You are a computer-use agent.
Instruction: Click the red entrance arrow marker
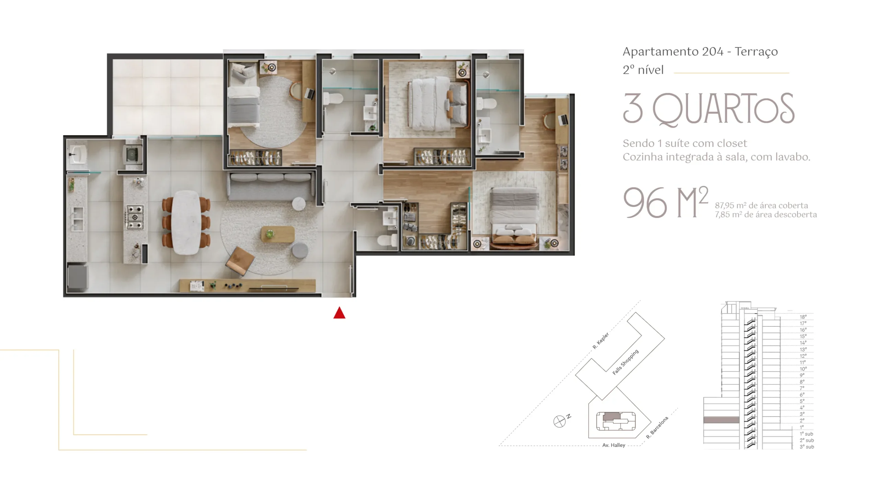click(x=339, y=313)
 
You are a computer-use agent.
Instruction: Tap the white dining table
click(x=186, y=222)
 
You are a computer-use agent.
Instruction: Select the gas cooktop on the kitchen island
click(x=135, y=217)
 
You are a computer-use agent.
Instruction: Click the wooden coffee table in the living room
click(x=278, y=234)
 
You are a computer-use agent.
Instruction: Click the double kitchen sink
click(x=78, y=219)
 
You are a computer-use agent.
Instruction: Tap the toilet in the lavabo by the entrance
click(x=387, y=240)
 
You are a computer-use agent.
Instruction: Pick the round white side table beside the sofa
click(x=299, y=204)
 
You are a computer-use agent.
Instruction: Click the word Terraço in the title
click(x=756, y=52)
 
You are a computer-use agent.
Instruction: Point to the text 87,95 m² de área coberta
click(x=761, y=205)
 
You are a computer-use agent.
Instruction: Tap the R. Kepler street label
click(x=601, y=341)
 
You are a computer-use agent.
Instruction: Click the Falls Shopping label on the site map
click(x=625, y=362)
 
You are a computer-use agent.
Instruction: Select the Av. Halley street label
click(x=614, y=445)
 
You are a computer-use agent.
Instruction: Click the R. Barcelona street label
click(x=657, y=427)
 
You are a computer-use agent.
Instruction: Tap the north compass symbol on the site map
click(x=560, y=421)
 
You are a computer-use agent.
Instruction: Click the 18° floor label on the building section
click(x=803, y=317)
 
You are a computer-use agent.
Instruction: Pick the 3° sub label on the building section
click(x=807, y=447)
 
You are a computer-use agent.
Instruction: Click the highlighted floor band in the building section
click(x=721, y=420)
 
